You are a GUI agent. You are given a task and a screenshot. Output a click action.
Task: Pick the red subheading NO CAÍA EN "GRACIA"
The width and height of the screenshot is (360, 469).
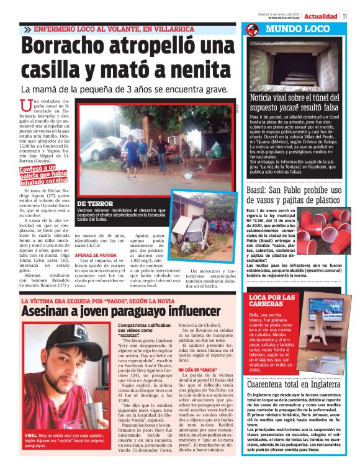pyautogui.click(x=197, y=370)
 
